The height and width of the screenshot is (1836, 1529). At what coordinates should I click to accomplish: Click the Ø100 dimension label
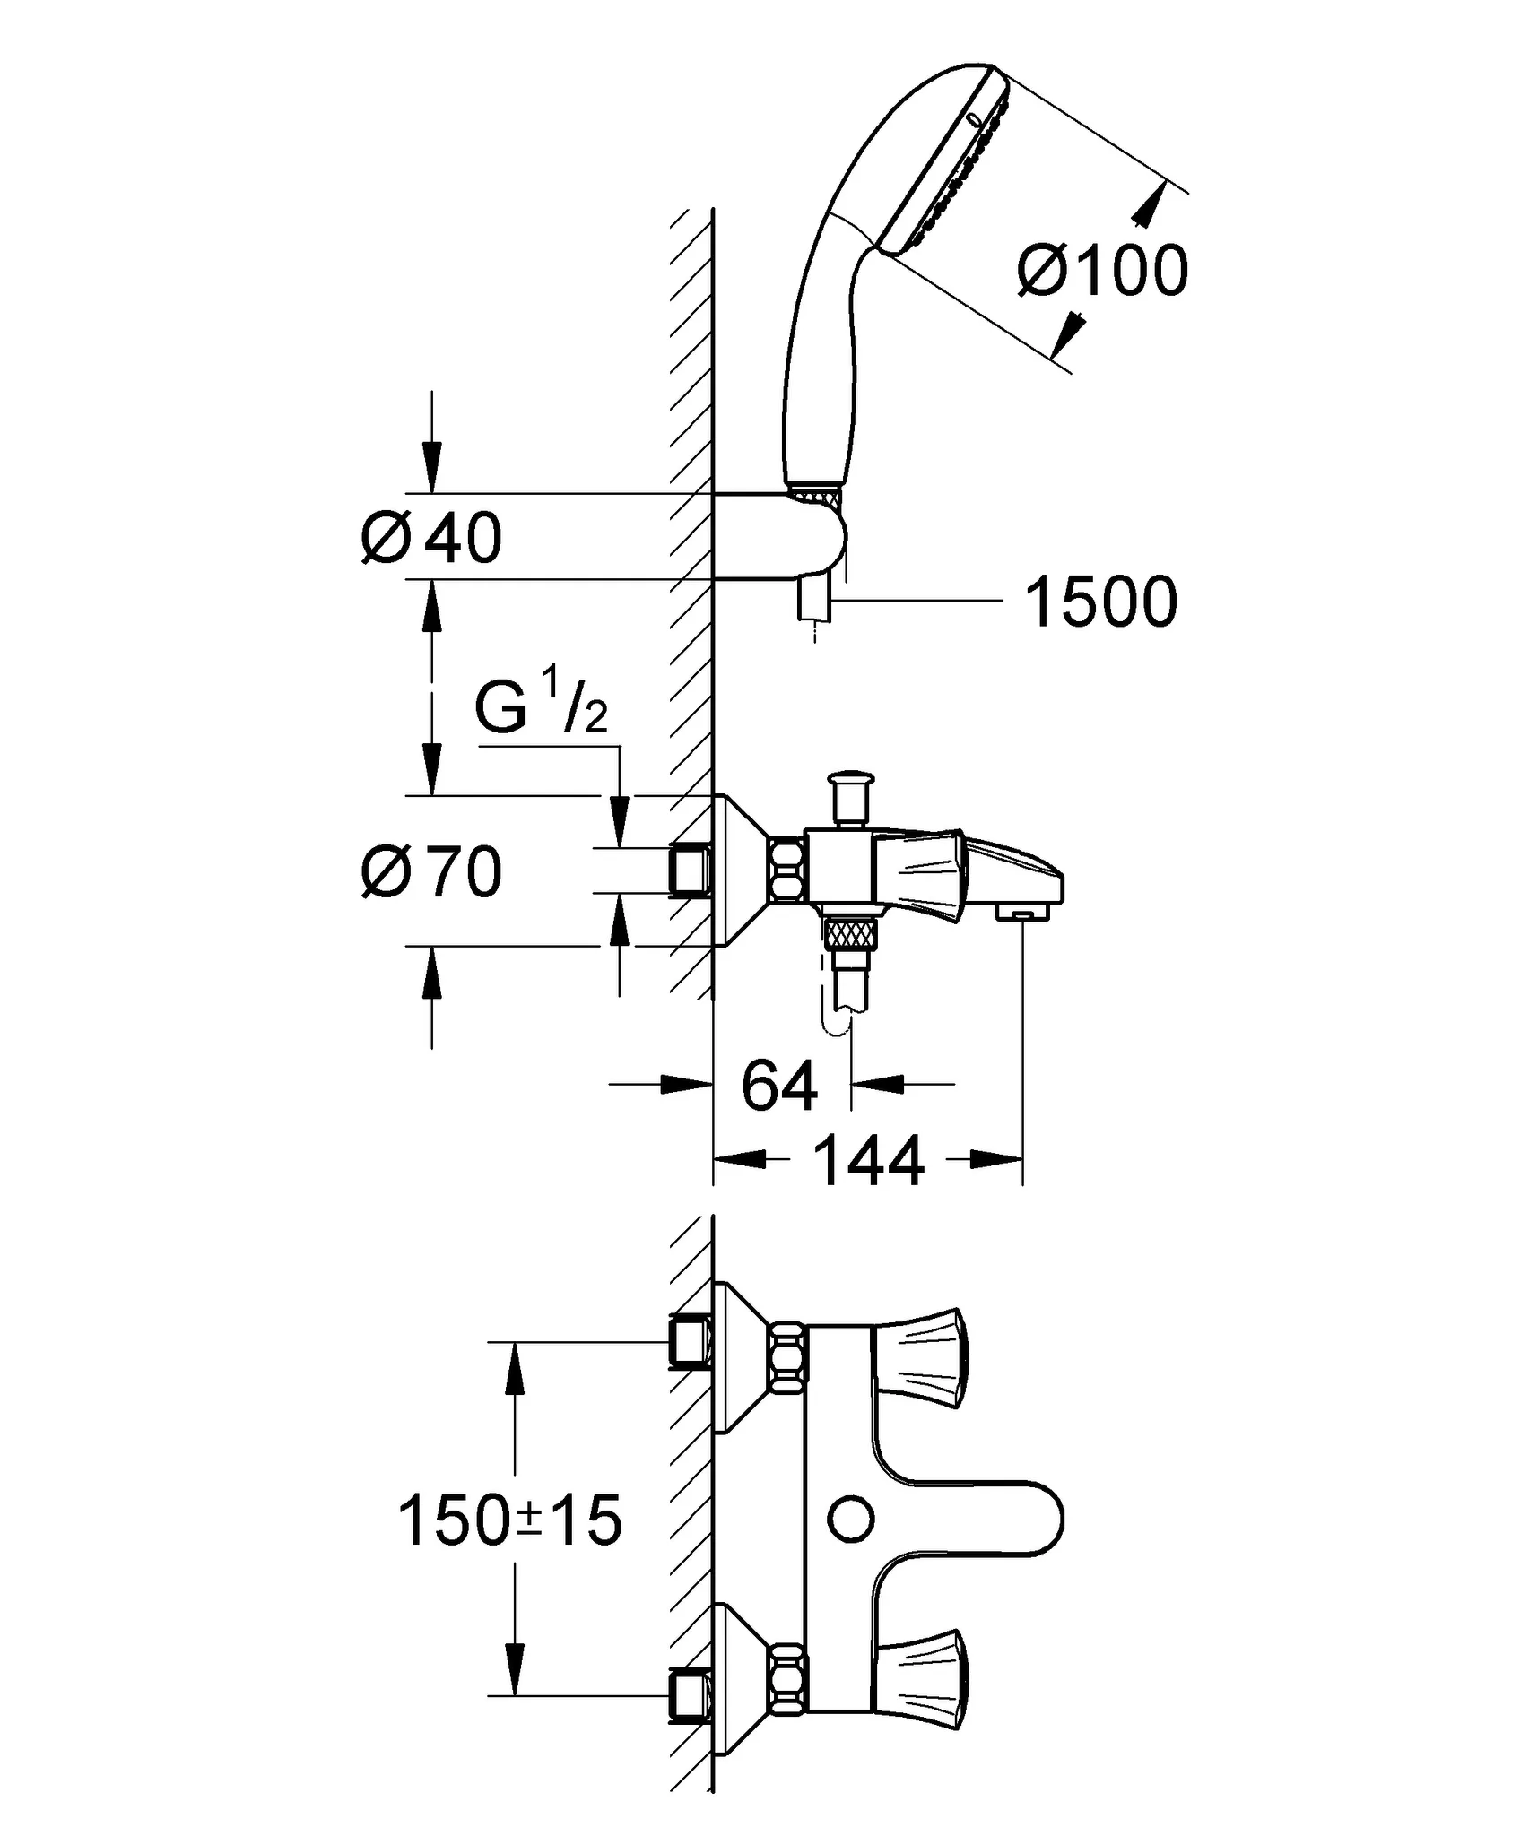(x=1102, y=270)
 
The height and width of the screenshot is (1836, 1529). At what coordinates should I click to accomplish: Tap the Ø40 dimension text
(x=431, y=539)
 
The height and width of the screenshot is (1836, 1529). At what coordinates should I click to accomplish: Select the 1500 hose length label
(x=1100, y=602)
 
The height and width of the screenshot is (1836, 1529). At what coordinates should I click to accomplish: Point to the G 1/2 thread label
(x=541, y=707)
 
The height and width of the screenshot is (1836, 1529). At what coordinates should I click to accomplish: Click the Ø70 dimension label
(x=431, y=872)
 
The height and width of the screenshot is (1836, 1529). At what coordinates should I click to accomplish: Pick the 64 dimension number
(x=779, y=1086)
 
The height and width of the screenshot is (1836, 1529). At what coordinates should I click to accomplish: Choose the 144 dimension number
(x=868, y=1161)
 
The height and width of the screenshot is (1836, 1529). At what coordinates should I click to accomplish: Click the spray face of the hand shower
(x=951, y=161)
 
